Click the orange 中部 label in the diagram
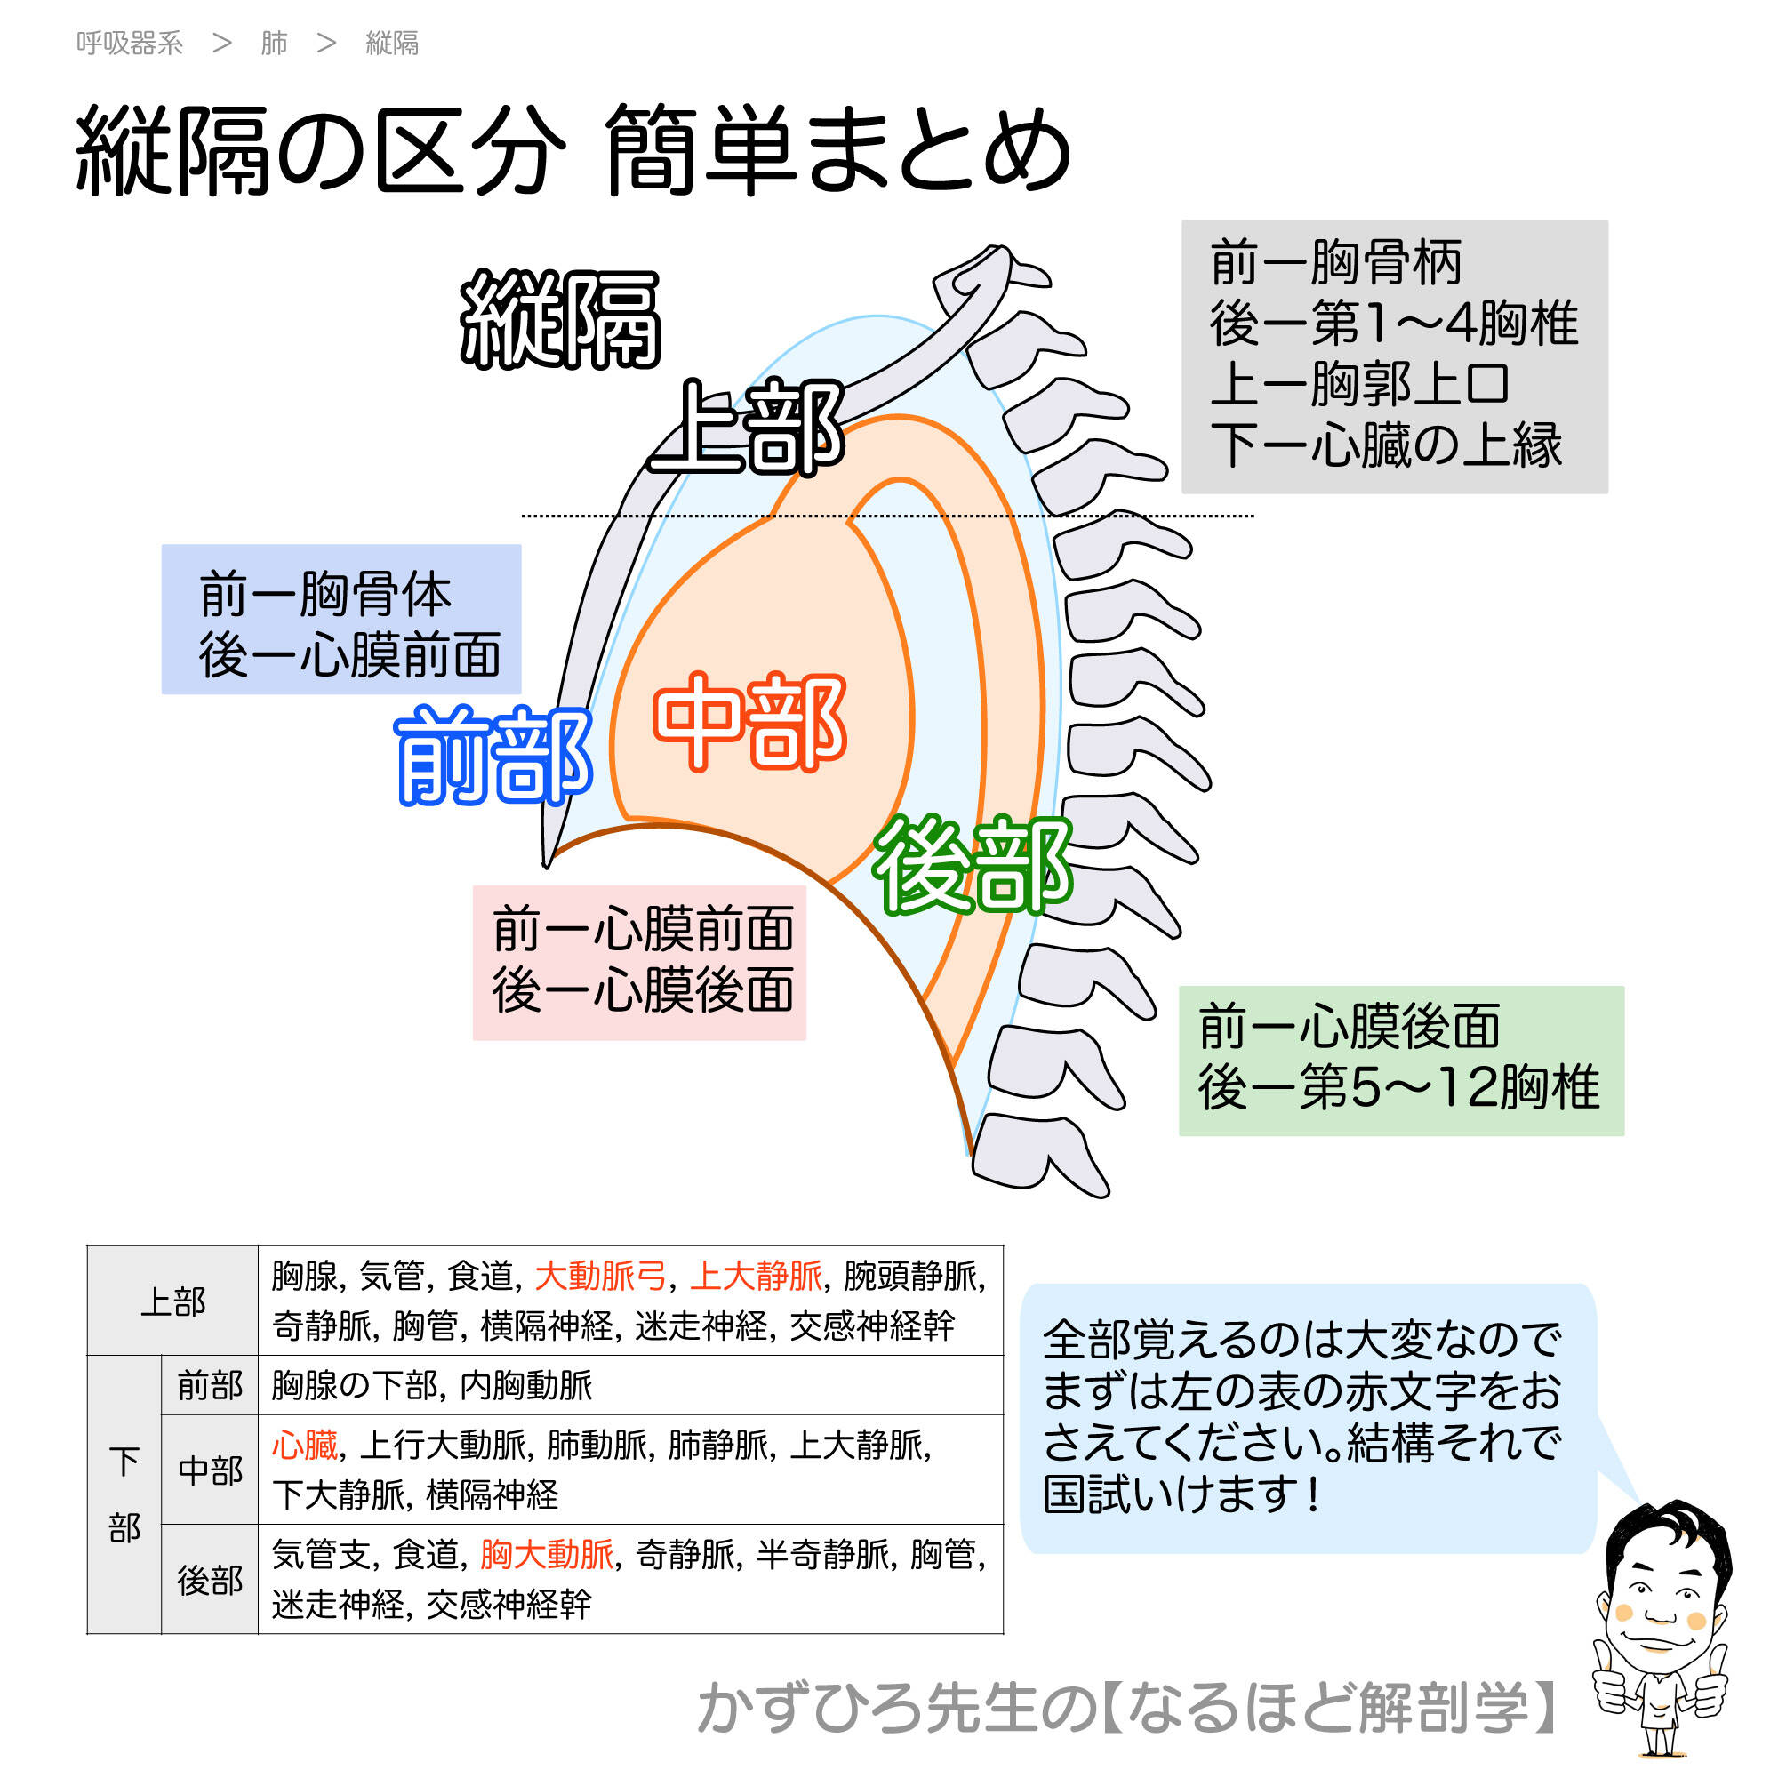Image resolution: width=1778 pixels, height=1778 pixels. click(749, 722)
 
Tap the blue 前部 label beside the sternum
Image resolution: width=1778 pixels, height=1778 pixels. click(493, 755)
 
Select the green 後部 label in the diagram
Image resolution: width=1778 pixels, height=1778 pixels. click(972, 865)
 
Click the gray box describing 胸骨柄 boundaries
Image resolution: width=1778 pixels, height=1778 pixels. click(1393, 356)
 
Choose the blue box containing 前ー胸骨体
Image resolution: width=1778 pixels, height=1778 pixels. click(340, 620)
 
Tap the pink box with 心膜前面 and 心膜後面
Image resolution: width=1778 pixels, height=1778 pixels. click(638, 963)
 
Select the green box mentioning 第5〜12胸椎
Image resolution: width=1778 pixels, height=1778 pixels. click(1401, 1061)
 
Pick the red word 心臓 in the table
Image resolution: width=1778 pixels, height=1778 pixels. click(305, 1445)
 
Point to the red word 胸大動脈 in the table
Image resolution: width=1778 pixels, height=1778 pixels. click(547, 1554)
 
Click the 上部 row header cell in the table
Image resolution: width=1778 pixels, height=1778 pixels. click(173, 1301)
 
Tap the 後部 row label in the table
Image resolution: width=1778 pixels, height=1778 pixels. click(210, 1580)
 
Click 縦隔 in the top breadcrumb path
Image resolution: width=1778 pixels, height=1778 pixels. click(392, 44)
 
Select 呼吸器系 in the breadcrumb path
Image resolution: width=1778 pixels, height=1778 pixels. click(130, 44)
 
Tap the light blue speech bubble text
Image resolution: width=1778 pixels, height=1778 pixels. click(1301, 1416)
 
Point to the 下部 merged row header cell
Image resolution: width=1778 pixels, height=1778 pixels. click(124, 1494)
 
